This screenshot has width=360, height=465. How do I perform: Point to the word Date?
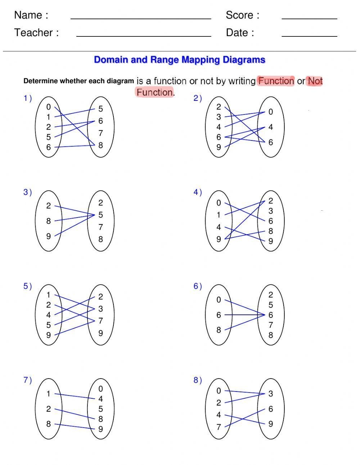[237, 33]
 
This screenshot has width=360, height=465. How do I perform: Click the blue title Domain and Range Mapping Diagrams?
[180, 60]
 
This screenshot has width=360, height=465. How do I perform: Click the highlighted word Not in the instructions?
[315, 81]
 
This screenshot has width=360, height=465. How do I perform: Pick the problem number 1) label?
[28, 98]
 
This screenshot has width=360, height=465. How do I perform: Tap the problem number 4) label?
[198, 192]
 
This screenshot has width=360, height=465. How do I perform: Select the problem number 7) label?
[28, 380]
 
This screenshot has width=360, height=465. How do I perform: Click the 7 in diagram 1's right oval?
[101, 133]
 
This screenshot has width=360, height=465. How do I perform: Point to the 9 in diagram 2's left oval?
[219, 147]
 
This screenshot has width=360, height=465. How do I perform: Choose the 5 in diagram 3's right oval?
[101, 215]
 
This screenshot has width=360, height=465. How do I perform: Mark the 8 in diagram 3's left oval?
[48, 221]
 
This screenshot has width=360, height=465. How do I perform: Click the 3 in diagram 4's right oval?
[271, 211]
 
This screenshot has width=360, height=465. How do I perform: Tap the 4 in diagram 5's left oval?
[48, 315]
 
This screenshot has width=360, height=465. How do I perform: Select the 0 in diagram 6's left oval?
[219, 300]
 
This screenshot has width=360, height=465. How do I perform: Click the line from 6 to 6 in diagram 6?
[245, 315]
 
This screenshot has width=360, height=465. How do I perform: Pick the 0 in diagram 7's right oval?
[101, 389]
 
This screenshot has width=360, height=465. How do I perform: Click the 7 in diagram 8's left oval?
[219, 427]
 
